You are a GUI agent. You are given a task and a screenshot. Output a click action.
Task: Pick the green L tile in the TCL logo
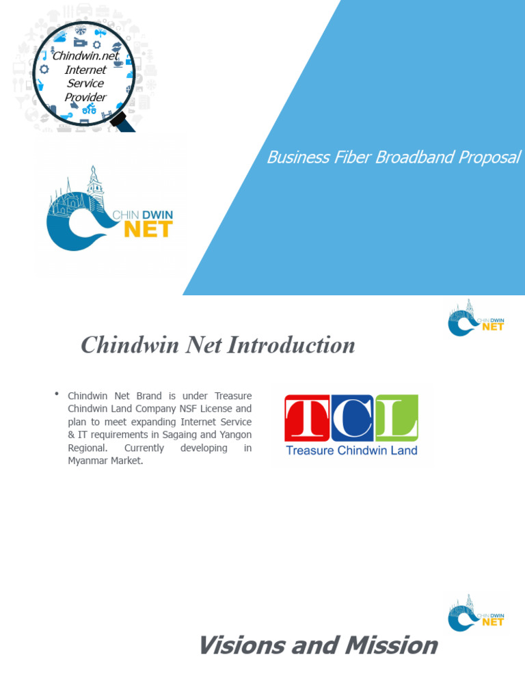[x=396, y=418]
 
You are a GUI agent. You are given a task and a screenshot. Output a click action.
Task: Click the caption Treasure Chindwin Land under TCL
[x=351, y=450]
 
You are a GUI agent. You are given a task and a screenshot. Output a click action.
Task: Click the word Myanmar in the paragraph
[x=87, y=461]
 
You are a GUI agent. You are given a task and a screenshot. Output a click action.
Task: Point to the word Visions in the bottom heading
[x=241, y=645]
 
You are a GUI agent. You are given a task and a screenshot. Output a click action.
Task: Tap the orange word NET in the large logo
[x=147, y=229]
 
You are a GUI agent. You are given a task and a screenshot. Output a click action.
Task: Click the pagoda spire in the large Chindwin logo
[x=93, y=179]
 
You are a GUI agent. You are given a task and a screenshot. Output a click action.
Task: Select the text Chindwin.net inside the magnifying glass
[x=85, y=56]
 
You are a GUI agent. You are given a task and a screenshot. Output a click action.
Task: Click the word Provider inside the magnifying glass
[x=85, y=97]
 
